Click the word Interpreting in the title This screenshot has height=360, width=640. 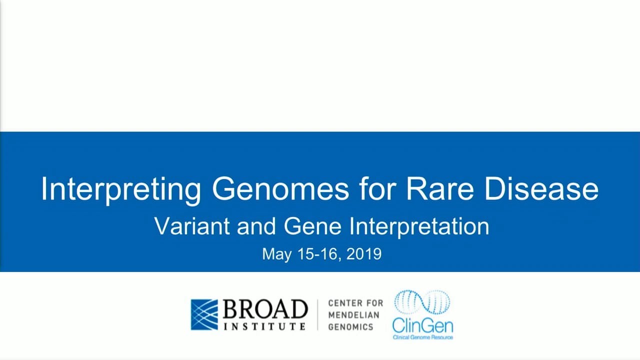tap(120, 189)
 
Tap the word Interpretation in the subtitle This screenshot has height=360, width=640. tap(419, 227)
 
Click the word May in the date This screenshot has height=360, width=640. tap(276, 254)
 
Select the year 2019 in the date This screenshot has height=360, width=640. tap(363, 253)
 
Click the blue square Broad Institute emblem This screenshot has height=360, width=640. tap(204, 314)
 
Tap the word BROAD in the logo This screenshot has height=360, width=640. tap(265, 309)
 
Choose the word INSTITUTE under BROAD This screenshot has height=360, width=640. tap(264, 326)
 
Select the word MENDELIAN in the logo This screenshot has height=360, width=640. tap(353, 315)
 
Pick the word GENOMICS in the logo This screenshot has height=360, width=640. tap(350, 327)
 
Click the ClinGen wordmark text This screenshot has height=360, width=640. tap(422, 326)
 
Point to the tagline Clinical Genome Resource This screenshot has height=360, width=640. tap(422, 337)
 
